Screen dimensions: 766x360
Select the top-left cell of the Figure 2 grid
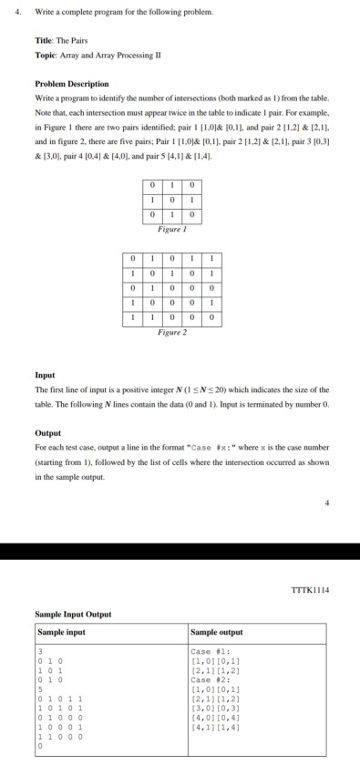point(134,256)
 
